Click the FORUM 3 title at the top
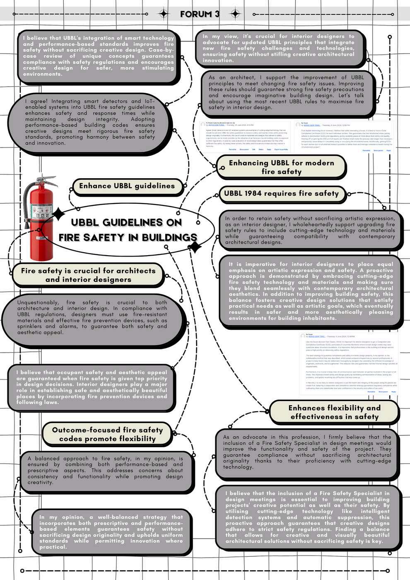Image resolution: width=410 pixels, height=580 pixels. [x=200, y=14]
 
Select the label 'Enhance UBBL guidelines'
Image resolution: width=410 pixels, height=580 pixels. [x=127, y=186]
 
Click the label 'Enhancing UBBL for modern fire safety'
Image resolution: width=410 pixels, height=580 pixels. [x=281, y=167]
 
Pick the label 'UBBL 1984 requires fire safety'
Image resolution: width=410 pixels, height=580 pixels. [x=281, y=193]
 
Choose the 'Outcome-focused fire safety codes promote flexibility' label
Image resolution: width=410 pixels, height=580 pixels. [x=107, y=434]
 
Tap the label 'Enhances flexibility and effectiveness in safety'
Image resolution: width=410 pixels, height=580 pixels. [x=334, y=412]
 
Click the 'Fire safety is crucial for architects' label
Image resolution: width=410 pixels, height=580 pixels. [x=88, y=275]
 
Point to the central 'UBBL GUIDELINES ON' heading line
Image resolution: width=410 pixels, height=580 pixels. [x=126, y=222]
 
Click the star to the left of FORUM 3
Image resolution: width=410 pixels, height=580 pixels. [x=164, y=14]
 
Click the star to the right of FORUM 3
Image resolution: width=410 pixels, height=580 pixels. [x=235, y=14]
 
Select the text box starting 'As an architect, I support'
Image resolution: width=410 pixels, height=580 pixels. [x=286, y=92]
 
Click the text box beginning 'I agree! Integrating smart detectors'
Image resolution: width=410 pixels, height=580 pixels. [x=90, y=122]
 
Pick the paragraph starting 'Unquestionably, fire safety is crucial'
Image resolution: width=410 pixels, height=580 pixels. [x=92, y=317]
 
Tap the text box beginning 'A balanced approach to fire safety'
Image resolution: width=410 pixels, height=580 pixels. [x=105, y=471]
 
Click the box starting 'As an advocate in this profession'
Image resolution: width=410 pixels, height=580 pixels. [x=307, y=452]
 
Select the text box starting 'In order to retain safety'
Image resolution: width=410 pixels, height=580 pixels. [x=310, y=230]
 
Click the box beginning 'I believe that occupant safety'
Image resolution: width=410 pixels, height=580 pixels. [x=92, y=387]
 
